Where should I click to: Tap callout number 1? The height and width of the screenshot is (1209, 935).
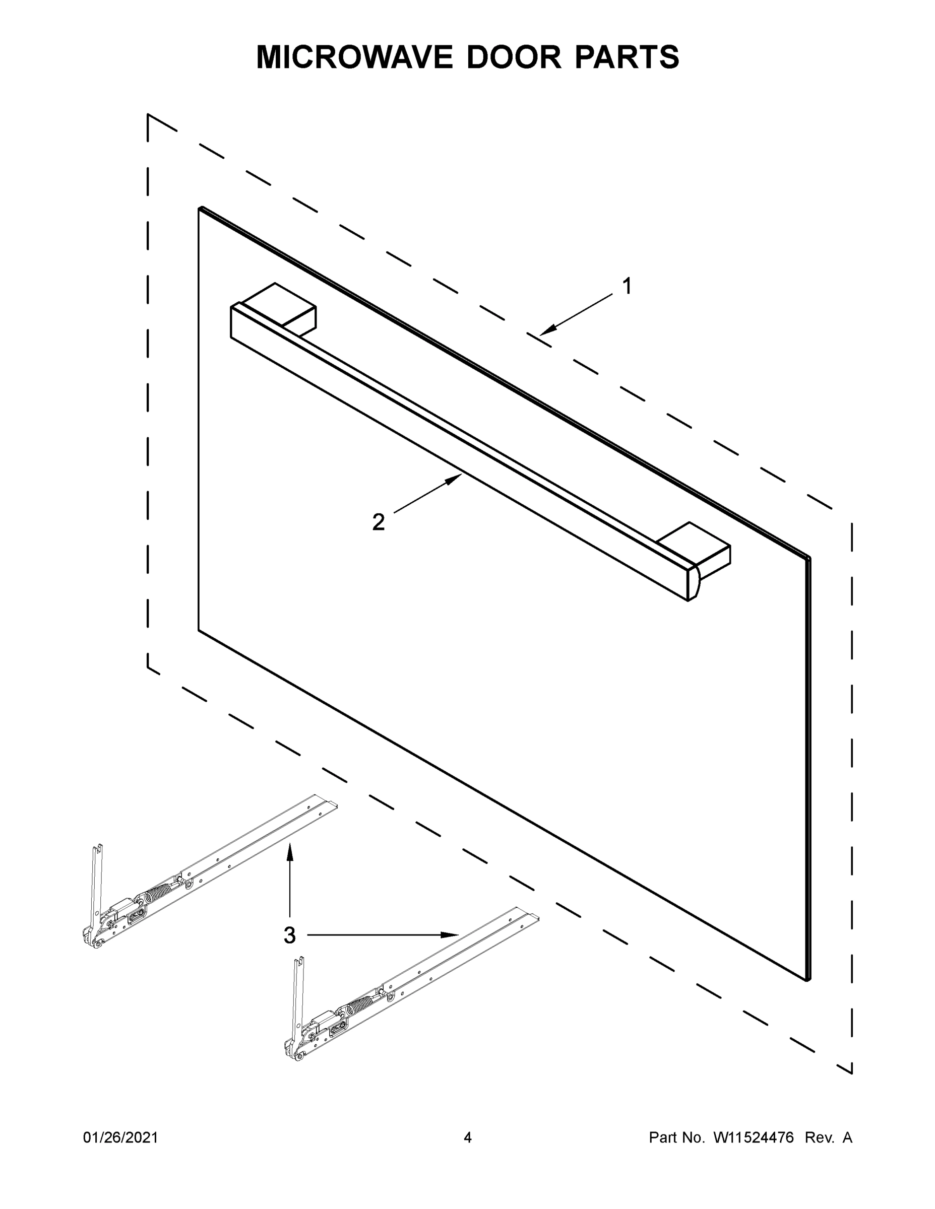point(627,287)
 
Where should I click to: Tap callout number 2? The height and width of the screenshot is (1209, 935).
point(379,522)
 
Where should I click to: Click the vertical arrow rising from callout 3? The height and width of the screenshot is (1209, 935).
point(289,880)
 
